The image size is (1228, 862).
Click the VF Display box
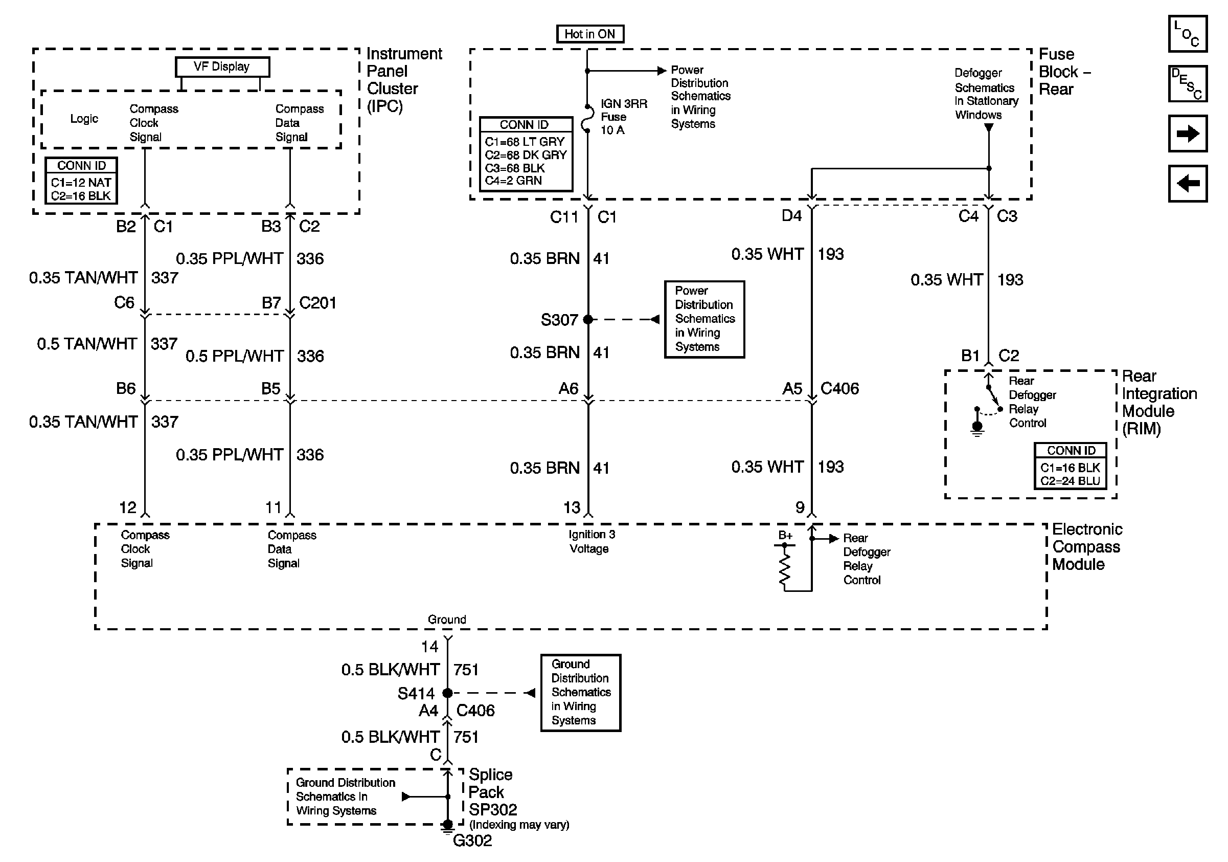click(222, 67)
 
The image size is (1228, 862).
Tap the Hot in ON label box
click(590, 34)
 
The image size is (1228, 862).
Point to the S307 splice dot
click(588, 319)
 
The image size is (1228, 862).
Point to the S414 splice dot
click(448, 693)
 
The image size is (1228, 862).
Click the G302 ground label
click(472, 841)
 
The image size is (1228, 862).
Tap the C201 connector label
click(317, 303)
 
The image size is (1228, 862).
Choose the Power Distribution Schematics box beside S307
click(704, 319)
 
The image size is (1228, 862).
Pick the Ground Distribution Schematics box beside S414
click(581, 692)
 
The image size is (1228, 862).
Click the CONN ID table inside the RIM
click(1070, 466)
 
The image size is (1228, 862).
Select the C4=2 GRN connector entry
click(513, 181)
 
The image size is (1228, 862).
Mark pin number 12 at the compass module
click(128, 507)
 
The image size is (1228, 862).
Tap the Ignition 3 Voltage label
click(592, 541)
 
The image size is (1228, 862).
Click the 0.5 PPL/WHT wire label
click(234, 356)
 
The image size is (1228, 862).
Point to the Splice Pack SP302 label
click(493, 792)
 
